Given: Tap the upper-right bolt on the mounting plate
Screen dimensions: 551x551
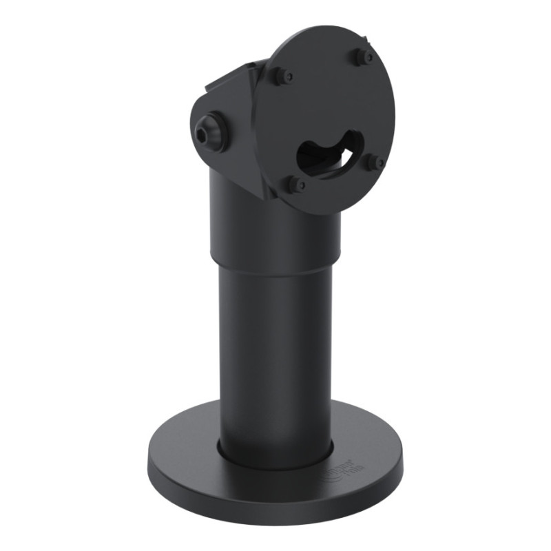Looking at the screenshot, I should pyautogui.click(x=364, y=56).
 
